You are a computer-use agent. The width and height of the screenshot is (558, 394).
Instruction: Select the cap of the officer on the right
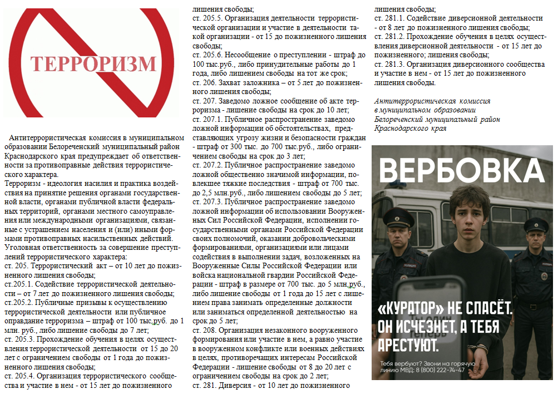coord(536,226)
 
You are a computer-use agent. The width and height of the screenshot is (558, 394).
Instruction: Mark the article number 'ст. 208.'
coord(203,330)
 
